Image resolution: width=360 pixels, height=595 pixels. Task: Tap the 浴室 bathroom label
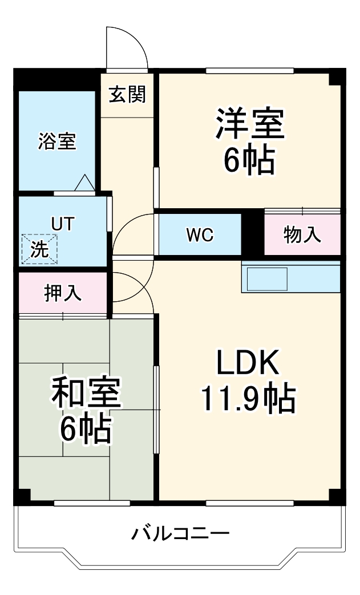tap(57, 141)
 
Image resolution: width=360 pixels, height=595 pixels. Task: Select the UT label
tap(63, 224)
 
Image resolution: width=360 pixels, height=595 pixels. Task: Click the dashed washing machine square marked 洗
tap(39, 250)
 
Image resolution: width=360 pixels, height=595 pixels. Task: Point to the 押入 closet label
tap(63, 293)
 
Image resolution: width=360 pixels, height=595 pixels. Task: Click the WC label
tap(199, 234)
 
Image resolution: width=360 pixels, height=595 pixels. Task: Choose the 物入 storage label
tap(302, 234)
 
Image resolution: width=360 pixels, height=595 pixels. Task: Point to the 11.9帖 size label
tap(247, 399)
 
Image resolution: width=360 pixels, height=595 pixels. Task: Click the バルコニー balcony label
tap(180, 535)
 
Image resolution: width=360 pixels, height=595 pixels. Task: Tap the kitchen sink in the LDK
tap(266, 278)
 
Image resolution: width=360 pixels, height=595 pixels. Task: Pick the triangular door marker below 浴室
tap(84, 183)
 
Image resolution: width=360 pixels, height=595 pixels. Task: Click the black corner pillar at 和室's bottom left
tap(22, 496)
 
